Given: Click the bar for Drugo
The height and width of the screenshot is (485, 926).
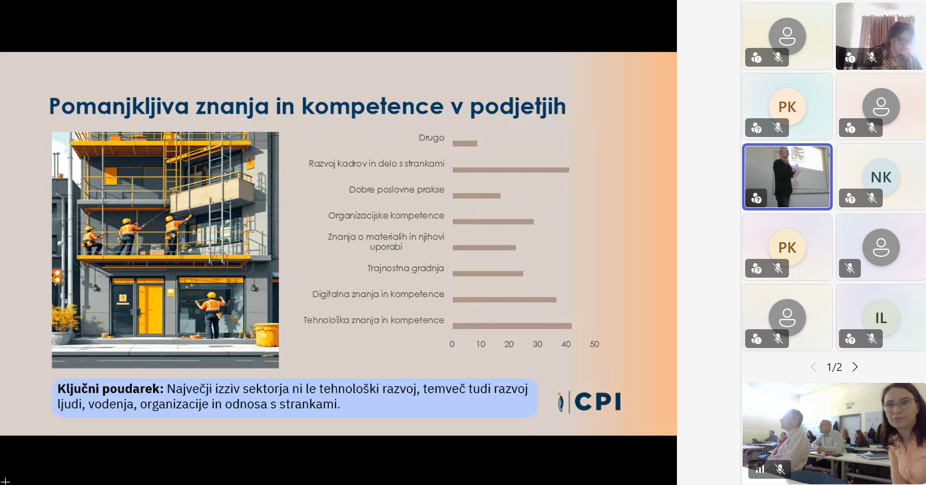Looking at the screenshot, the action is (465, 143).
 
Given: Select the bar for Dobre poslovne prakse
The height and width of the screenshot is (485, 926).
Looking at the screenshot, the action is (476, 196).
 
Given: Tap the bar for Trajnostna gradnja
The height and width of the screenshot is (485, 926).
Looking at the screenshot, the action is (488, 273).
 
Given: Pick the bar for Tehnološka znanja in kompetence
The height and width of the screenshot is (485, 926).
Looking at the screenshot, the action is (512, 326).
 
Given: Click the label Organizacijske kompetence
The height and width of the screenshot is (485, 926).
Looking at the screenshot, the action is (386, 216).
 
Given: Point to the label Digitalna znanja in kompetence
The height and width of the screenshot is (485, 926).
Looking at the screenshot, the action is (378, 294).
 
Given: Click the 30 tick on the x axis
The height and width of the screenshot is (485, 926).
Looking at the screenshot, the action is (537, 344).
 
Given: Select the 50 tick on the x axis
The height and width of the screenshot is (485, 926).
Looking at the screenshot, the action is (595, 344).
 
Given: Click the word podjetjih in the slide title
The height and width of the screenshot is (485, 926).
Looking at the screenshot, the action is (518, 107).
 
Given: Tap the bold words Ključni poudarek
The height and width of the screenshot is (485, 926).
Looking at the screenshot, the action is (110, 389).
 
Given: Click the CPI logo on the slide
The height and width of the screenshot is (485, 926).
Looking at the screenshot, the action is (589, 402).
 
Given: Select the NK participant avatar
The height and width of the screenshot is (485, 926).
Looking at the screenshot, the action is (881, 177).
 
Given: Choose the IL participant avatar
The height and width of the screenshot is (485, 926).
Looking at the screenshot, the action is (881, 318).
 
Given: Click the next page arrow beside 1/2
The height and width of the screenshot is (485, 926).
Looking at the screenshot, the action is (855, 367).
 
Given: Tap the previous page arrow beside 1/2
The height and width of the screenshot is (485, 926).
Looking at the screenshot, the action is (813, 367).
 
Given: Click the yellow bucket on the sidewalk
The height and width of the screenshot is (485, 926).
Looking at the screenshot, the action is (266, 334).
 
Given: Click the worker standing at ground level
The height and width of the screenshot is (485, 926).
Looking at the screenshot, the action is (211, 315).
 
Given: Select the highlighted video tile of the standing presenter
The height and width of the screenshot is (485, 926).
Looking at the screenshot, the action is (787, 177).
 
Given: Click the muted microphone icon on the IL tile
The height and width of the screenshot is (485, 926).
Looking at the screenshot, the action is (872, 339).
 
